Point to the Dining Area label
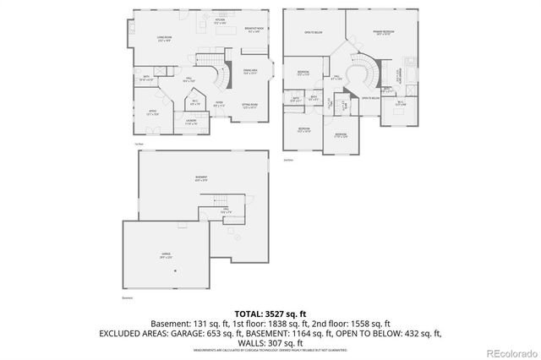(x=251, y=73)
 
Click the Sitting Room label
(x=249, y=106)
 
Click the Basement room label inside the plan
(x=199, y=178)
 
